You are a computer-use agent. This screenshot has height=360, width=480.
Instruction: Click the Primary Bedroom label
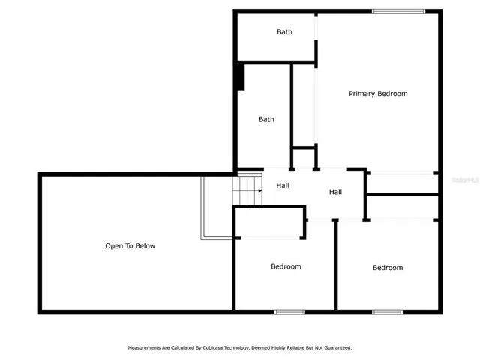coord(378,94)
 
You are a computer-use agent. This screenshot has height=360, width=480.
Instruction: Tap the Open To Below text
coord(130,246)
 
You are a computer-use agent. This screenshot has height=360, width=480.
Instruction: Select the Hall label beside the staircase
coord(283,186)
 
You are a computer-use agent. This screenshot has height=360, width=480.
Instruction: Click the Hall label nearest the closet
coord(335,193)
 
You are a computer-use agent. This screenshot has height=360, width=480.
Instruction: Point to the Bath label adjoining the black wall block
coord(266,120)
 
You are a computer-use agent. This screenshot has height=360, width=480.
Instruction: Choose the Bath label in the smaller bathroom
coord(284,32)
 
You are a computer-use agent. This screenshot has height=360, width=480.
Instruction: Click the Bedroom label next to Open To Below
coord(286,267)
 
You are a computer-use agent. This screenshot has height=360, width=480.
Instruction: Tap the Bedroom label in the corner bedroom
coord(388,268)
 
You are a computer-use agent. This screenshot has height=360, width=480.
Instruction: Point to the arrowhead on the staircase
coord(259,190)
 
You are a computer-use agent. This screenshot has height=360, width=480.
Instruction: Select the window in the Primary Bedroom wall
coord(399,11)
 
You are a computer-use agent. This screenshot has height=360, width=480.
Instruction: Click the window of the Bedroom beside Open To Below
coord(289,311)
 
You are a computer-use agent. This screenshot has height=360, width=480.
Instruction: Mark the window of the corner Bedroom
coord(388,311)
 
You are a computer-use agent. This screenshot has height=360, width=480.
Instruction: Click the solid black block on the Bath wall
coord(240,76)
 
